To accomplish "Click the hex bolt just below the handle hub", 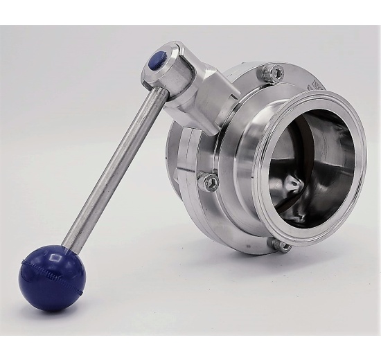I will click(211, 182).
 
